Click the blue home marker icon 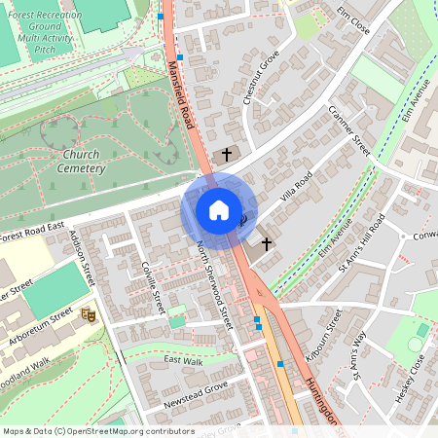click(218, 210)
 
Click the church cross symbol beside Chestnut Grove click(227, 154)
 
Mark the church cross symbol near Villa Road click(266, 243)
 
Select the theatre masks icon click(89, 314)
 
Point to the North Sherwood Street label click(215, 284)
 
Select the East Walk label click(182, 360)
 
